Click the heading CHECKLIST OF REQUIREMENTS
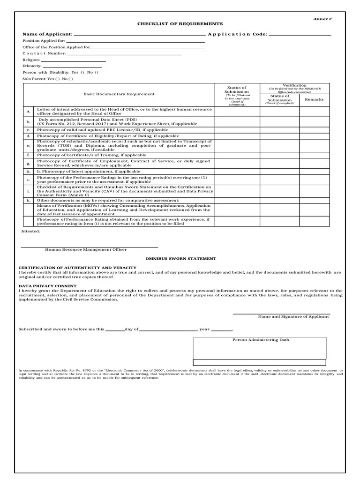point(180,23)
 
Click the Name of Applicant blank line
point(139,34)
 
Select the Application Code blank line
point(300,34)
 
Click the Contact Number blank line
point(124,54)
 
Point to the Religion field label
point(31,60)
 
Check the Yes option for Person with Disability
point(78,73)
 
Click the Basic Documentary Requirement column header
point(119,94)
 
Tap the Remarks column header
point(314,99)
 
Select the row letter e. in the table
point(29,146)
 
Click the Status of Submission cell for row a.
point(237,112)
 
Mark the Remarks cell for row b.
point(314,122)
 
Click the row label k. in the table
point(29,200)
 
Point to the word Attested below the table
point(31,232)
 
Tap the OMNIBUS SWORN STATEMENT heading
point(180,258)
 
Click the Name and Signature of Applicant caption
point(293,316)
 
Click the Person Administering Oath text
point(259,339)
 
